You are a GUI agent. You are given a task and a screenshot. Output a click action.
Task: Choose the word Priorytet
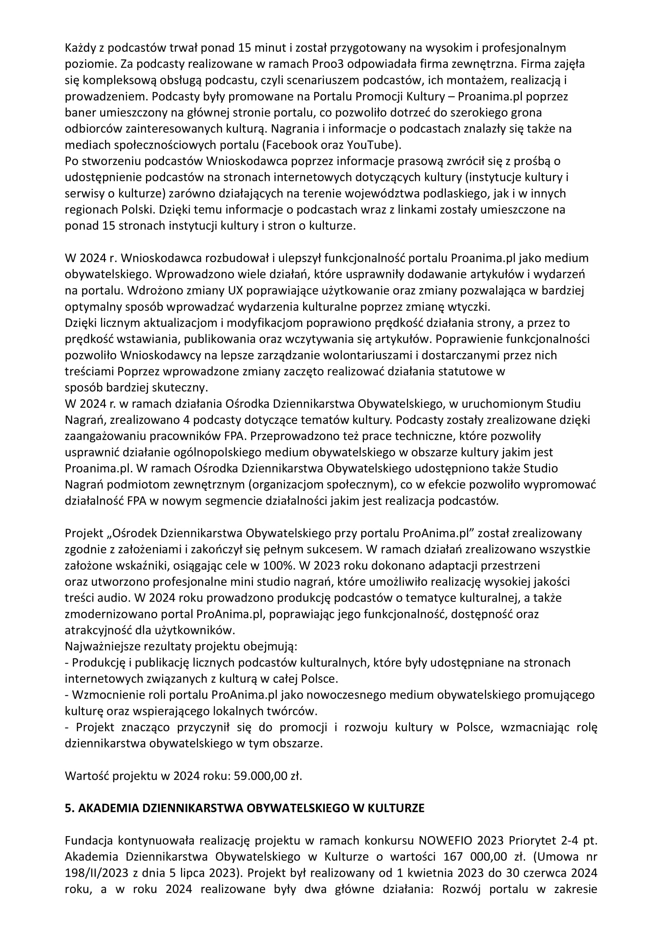pos(529,841)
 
